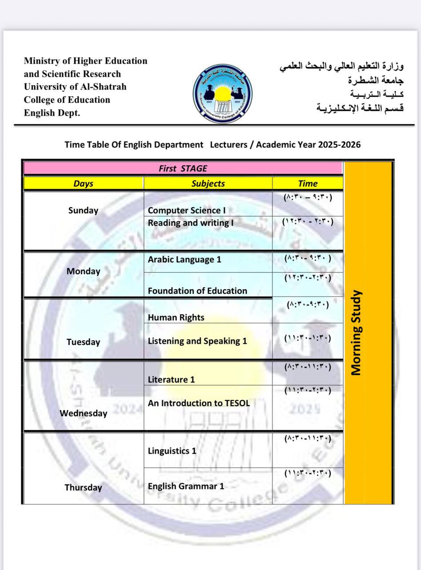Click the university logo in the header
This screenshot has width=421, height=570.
click(222, 93)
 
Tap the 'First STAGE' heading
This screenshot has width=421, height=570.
click(183, 168)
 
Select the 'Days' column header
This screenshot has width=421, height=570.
click(83, 183)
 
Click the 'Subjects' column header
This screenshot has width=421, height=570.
click(208, 183)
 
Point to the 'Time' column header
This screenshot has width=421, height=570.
click(308, 183)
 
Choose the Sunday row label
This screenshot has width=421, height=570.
click(83, 211)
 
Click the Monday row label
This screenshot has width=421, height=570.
click(83, 271)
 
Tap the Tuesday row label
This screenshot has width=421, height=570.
click(83, 342)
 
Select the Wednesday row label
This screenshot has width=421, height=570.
click(84, 413)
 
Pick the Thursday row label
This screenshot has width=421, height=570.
click(84, 487)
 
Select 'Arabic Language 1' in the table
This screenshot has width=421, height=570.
click(184, 259)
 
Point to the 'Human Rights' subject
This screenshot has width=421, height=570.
click(176, 318)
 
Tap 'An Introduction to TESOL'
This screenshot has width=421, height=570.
click(199, 403)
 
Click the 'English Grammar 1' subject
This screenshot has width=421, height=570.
click(186, 486)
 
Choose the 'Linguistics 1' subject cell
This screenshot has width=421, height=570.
click(172, 451)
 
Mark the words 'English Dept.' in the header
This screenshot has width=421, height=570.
click(52, 113)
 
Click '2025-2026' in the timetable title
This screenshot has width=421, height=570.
click(339, 145)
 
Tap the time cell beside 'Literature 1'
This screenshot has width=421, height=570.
click(308, 367)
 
